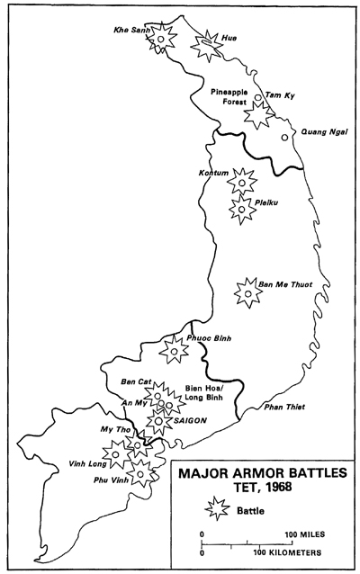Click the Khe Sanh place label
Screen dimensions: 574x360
131,30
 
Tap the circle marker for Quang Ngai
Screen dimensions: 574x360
284,138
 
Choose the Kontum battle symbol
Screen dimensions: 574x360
240,183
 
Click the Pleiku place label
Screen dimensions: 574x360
265,202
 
